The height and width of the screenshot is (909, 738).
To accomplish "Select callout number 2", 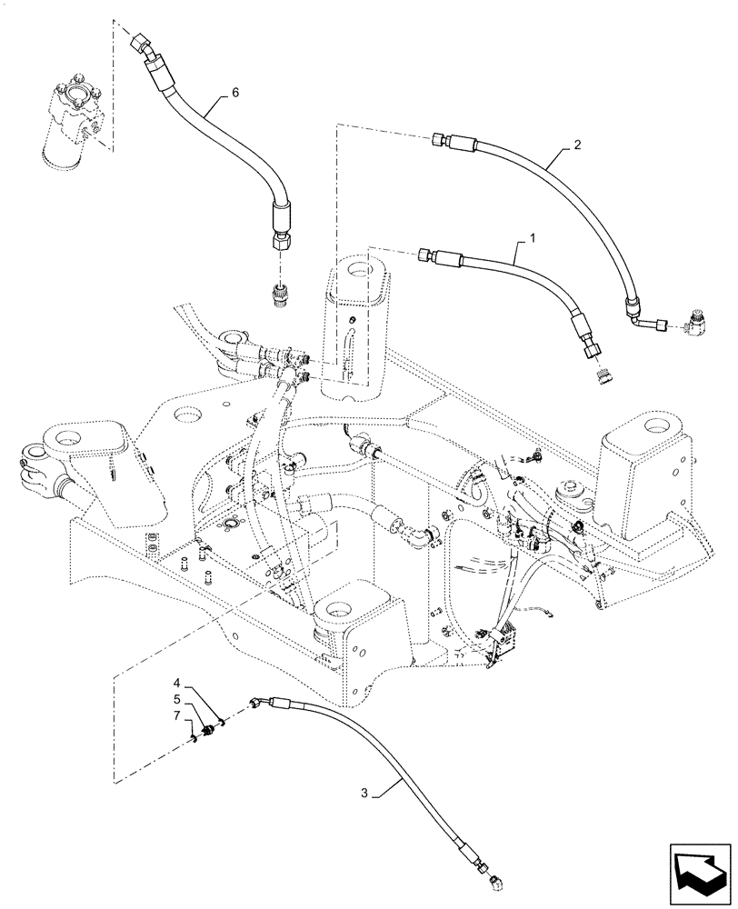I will click(x=577, y=145).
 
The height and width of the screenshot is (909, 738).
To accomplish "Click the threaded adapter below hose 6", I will click(x=281, y=295).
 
